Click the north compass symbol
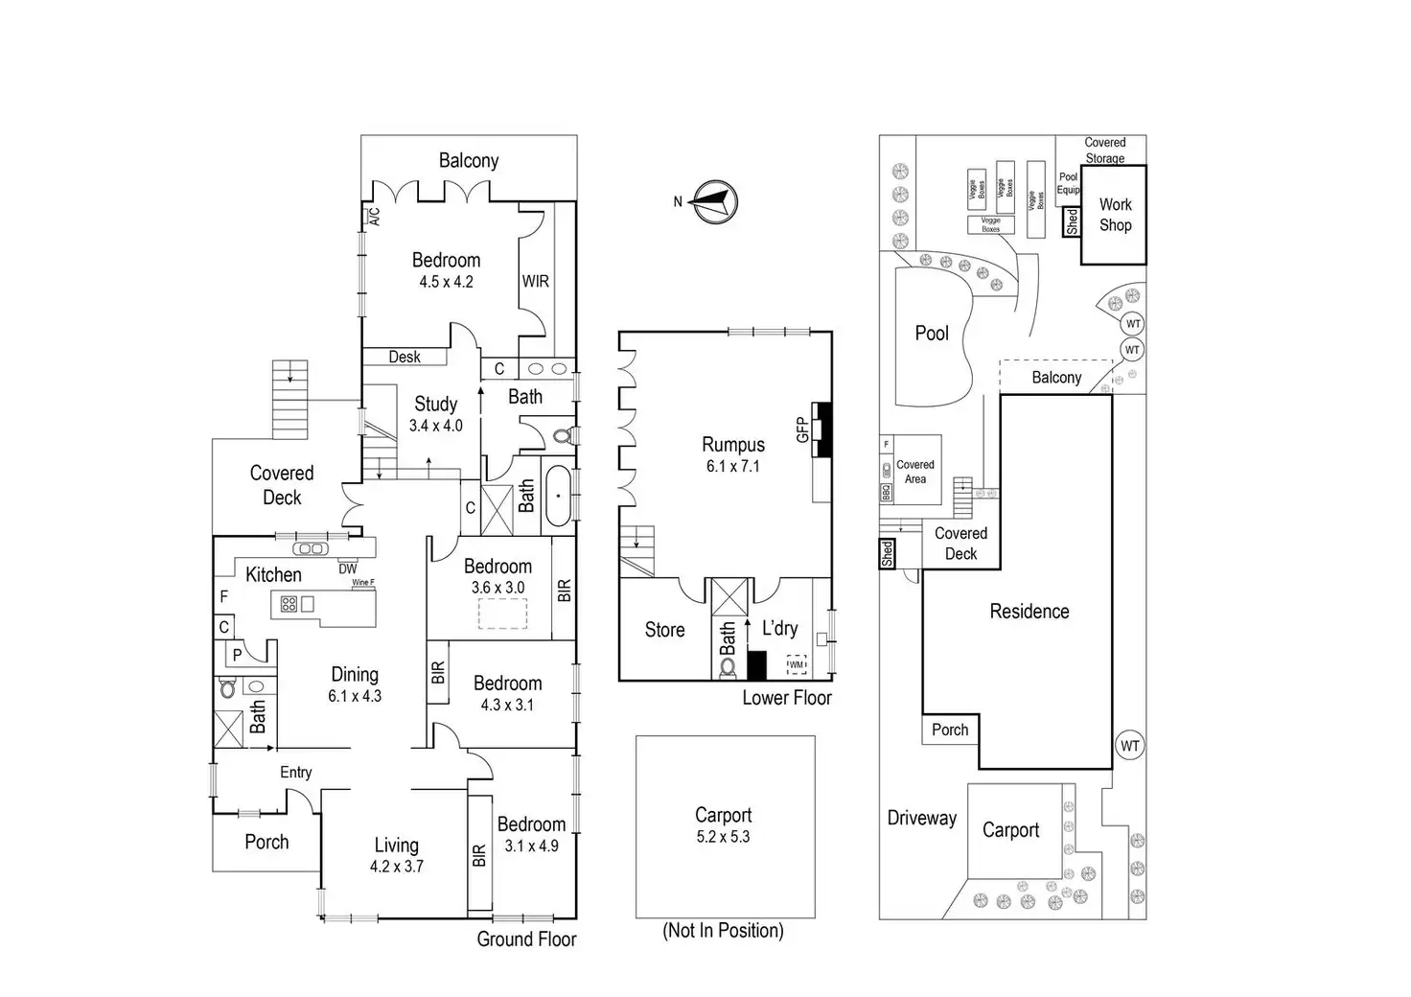click(x=715, y=201)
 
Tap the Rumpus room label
click(x=733, y=445)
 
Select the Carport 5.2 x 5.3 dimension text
click(x=723, y=837)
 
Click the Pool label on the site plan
click(x=932, y=334)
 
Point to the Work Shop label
click(x=1115, y=215)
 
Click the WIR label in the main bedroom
click(x=535, y=282)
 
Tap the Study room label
click(x=435, y=405)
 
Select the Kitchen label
click(x=273, y=575)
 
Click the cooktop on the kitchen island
click(x=289, y=604)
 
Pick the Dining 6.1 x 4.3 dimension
click(x=355, y=697)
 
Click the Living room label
click(x=396, y=846)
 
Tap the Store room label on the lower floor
click(x=664, y=630)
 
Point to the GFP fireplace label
click(x=802, y=429)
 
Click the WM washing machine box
click(x=797, y=664)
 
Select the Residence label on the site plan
click(x=1029, y=612)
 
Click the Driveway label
click(x=921, y=818)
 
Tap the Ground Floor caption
click(x=526, y=939)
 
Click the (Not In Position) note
click(x=723, y=931)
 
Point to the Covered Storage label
click(x=1104, y=151)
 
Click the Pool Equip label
click(x=1068, y=183)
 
